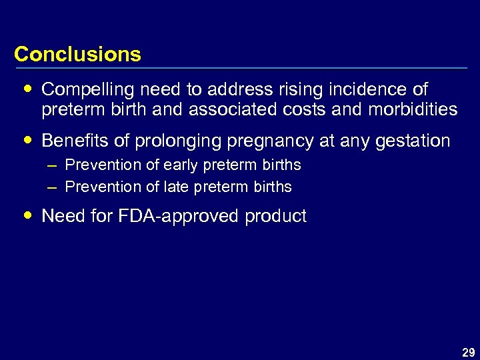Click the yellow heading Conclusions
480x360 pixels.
tap(77, 54)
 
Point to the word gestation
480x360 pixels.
tap(412, 141)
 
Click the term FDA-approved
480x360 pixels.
tap(179, 216)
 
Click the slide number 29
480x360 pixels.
tap(468, 353)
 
